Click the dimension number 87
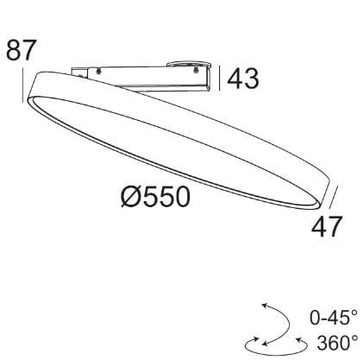pyautogui.click(x=22, y=50)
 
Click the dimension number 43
pyautogui.click(x=243, y=79)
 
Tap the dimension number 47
pyautogui.click(x=327, y=226)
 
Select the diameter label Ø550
pyautogui.click(x=155, y=197)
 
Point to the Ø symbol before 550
pyautogui.click(x=131, y=197)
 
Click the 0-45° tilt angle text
pyautogui.click(x=334, y=318)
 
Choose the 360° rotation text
pyautogui.click(x=337, y=343)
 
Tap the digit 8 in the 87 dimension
pyautogui.click(x=14, y=50)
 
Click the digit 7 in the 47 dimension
pyautogui.click(x=335, y=226)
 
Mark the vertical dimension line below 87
pyautogui.click(x=22, y=85)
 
